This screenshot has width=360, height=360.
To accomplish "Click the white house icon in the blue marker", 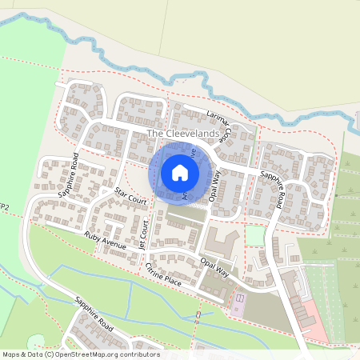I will [x=180, y=171].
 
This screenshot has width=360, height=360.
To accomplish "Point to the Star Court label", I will [x=130, y=196].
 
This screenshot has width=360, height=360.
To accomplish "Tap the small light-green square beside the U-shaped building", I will [x=254, y=235].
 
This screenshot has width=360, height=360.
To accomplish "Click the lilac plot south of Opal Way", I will [x=239, y=302].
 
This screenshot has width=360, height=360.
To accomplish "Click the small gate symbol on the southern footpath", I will [x=198, y=315].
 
